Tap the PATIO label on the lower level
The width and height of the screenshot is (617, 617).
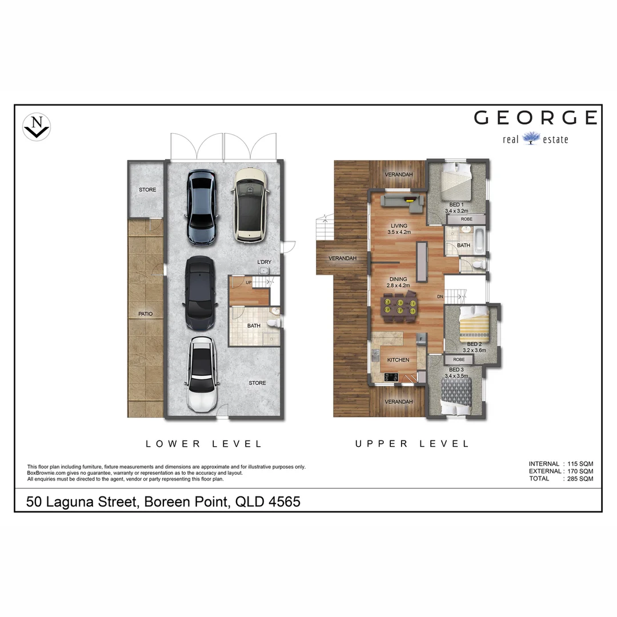(145, 314)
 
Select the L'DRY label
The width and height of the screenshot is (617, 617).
(265, 262)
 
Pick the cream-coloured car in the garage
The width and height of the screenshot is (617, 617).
(249, 203)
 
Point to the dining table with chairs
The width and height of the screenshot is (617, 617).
(399, 306)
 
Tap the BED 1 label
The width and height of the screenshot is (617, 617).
(456, 205)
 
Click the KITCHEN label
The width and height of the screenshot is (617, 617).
(398, 360)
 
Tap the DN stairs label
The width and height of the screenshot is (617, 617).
(440, 297)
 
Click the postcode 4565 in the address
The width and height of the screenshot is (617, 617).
(282, 502)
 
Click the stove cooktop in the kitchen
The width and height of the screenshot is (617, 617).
(392, 376)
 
